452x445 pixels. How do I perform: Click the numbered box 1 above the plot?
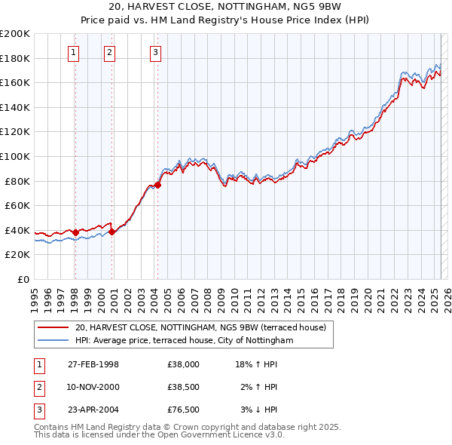(73, 52)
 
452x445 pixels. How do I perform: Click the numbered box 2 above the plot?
(109, 52)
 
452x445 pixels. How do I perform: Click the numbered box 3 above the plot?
(155, 52)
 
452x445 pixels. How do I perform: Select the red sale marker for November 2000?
(112, 232)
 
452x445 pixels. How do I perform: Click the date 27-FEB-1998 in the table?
(93, 364)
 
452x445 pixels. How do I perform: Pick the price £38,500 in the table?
(184, 387)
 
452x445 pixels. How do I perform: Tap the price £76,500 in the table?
(184, 410)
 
